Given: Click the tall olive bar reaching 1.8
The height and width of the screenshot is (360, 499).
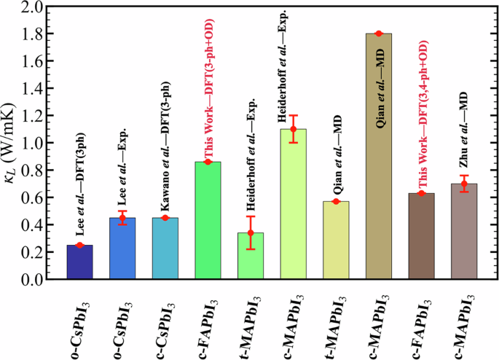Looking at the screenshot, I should pyautogui.click(x=379, y=157).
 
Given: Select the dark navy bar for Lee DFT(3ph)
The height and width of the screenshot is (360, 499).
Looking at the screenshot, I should pyautogui.click(x=79, y=262).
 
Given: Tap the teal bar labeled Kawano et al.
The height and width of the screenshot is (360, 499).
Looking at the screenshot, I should pyautogui.click(x=165, y=249).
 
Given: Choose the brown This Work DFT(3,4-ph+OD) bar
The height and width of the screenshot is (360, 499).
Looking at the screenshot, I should pyautogui.click(x=422, y=236).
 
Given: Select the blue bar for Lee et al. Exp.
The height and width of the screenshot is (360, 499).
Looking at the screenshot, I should pyautogui.click(x=122, y=249).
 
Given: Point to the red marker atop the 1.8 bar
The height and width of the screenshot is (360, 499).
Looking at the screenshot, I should pyautogui.click(x=379, y=34).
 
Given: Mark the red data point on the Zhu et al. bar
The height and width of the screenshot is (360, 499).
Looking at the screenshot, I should pyautogui.click(x=464, y=184).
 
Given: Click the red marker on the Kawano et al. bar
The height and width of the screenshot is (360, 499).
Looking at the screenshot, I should pyautogui.click(x=165, y=218).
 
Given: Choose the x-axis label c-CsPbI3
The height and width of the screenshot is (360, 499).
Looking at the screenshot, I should pyautogui.click(x=165, y=321).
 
